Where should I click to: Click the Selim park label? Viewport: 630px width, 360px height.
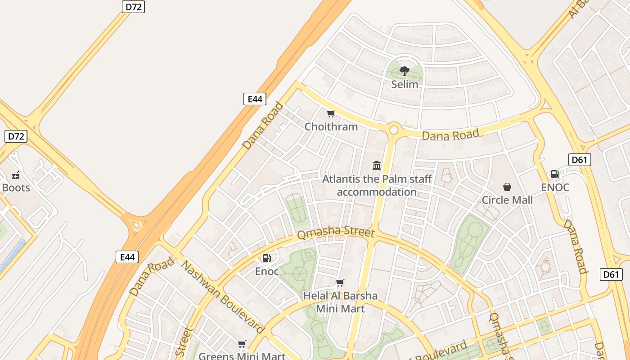coord(405,84)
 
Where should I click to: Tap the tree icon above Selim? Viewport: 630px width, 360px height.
coord(405,71)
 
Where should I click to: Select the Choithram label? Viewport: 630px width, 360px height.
coord(331,126)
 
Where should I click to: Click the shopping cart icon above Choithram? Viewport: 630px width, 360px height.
coord(331,113)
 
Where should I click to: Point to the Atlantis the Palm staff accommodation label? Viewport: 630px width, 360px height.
coord(377,185)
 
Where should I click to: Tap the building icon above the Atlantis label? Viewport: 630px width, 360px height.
coord(377,165)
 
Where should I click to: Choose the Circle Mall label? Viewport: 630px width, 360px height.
coord(507,200)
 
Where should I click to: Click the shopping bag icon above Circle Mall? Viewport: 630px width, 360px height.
coord(507,186)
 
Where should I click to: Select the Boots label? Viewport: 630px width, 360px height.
coord(16,188)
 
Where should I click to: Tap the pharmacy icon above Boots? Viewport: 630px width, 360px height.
coord(16,175)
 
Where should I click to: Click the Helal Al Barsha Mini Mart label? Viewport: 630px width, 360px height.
coord(340,302)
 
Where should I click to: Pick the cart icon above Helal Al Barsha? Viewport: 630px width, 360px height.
coord(340,283)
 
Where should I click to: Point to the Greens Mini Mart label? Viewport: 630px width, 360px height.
coord(242,356)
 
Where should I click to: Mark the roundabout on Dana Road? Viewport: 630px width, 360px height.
coord(394,130)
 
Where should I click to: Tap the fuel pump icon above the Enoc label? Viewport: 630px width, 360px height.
coord(267,258)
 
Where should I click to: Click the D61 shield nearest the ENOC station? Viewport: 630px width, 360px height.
coord(580,160)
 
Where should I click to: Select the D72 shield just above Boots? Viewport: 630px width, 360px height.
coord(16,136)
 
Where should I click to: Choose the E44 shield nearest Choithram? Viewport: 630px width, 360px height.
coord(255,99)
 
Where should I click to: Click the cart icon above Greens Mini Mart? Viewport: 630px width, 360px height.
coord(242,344)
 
